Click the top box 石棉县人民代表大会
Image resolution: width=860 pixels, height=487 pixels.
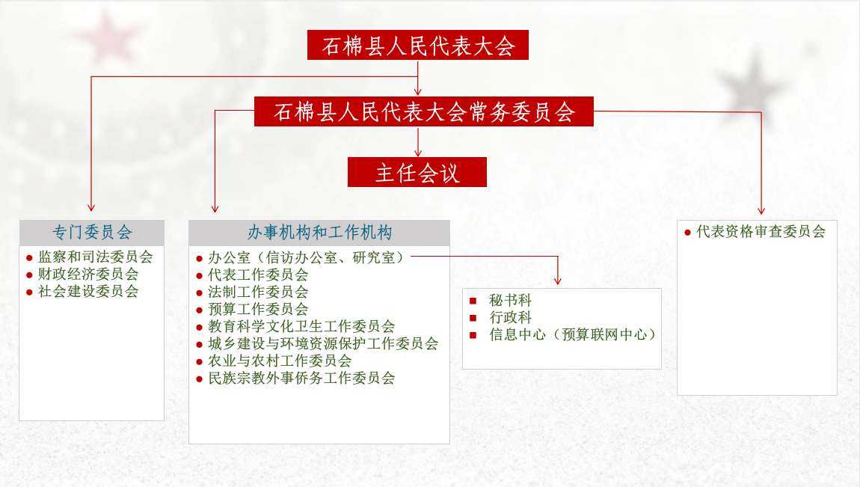(x=418, y=46)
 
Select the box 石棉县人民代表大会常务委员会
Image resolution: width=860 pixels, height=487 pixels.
(x=424, y=112)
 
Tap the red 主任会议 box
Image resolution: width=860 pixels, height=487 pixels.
(x=417, y=173)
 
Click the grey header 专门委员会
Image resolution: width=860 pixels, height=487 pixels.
(x=92, y=233)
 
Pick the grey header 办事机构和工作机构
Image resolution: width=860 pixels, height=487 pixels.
(x=319, y=233)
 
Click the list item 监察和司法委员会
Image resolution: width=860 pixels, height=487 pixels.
(x=96, y=257)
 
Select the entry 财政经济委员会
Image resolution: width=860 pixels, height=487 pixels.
(x=88, y=275)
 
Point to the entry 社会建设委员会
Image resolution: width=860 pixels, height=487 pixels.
(x=88, y=292)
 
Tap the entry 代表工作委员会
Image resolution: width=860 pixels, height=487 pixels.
(x=258, y=275)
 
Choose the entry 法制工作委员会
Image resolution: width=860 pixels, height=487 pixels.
(x=258, y=292)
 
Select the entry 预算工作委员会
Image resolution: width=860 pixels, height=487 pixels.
(x=258, y=309)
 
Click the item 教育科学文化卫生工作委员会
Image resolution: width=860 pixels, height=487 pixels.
(x=301, y=326)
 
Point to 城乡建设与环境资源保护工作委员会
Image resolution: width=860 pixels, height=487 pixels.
(x=323, y=343)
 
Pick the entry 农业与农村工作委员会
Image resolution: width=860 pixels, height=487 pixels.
(x=280, y=361)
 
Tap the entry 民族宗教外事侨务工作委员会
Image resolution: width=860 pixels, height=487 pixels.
(x=301, y=378)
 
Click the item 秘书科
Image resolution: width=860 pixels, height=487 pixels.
(x=511, y=300)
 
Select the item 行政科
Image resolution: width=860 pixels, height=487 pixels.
(x=511, y=317)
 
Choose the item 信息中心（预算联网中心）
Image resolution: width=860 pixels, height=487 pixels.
(x=573, y=334)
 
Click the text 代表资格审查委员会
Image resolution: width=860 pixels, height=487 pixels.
(x=761, y=232)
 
